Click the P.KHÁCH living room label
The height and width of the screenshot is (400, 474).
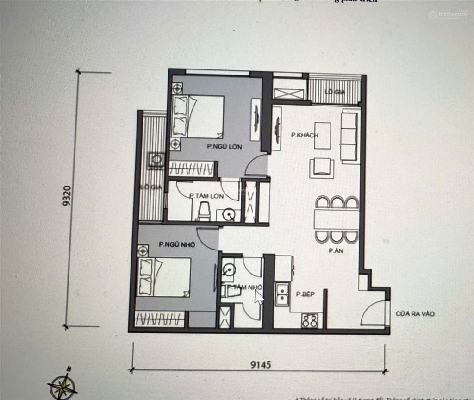tap(300, 135)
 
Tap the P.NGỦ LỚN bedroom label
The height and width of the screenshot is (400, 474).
tap(224, 146)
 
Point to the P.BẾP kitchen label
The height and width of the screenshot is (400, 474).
tap(306, 294)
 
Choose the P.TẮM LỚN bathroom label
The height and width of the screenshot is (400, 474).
tap(206, 196)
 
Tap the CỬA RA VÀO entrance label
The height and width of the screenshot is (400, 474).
tap(415, 314)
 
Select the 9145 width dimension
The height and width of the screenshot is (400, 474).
tap(261, 364)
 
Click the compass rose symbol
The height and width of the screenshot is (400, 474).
tap(63, 384)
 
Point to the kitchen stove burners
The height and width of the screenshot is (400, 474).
tap(310, 320)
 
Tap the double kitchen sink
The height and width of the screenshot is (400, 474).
tap(281, 294)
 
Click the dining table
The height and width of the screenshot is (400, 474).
tap(337, 219)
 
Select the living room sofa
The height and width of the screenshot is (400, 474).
tap(349, 136)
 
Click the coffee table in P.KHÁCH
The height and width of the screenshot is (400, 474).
tap(323, 135)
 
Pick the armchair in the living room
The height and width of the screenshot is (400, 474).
tap(322, 167)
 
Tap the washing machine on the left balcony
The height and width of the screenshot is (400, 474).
tap(156, 160)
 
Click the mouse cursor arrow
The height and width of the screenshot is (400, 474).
tap(258, 296)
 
